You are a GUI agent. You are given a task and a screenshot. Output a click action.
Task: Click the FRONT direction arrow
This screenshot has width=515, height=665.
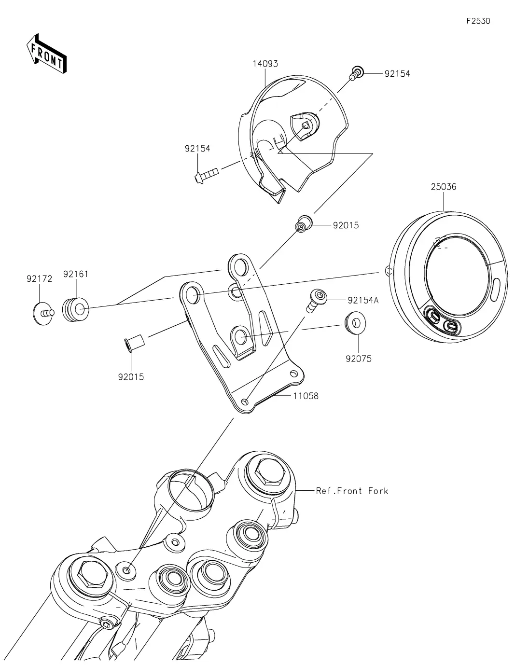(x=46, y=54)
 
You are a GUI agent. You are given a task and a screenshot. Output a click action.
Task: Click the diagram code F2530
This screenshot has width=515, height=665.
(x=478, y=21)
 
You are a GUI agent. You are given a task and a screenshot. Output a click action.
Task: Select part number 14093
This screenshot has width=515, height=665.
(x=265, y=64)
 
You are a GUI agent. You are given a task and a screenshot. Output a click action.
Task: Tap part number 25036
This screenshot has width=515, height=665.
(x=444, y=187)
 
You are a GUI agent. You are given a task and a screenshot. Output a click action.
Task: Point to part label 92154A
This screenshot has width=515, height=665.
(x=363, y=301)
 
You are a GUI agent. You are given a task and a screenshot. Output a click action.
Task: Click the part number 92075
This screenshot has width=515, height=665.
(x=358, y=359)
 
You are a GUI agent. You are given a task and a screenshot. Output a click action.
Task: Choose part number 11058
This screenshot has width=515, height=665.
(x=306, y=396)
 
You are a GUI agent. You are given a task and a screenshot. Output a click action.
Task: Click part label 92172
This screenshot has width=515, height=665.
(x=39, y=279)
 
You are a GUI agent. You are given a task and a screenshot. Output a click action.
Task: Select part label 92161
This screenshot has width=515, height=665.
(x=76, y=274)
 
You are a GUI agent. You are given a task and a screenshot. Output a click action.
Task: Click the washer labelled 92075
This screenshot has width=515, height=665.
(x=355, y=322)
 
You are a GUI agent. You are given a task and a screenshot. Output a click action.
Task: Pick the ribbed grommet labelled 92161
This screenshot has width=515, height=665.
(x=76, y=309)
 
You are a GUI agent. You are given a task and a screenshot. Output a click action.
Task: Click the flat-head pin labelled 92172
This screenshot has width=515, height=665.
(x=43, y=313)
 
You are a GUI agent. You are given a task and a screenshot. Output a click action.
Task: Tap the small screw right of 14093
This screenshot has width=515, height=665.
(x=357, y=73)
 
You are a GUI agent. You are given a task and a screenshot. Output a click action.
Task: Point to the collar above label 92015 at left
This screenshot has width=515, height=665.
(x=134, y=344)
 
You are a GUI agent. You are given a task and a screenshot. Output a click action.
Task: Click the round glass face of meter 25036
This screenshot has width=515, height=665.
(x=458, y=276)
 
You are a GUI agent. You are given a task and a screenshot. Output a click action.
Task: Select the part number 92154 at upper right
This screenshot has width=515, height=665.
(x=397, y=74)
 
